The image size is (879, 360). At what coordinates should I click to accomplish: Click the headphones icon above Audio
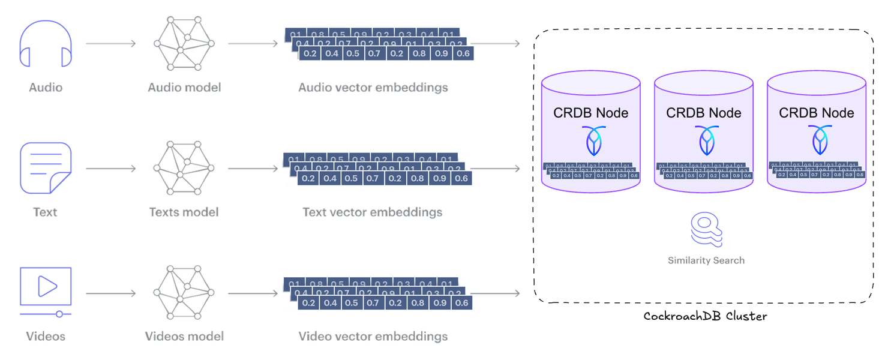click(x=46, y=44)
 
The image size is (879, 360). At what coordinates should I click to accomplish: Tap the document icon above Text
click(x=46, y=168)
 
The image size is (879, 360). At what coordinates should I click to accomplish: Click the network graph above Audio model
click(x=184, y=44)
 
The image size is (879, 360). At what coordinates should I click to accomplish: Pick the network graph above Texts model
click(x=184, y=168)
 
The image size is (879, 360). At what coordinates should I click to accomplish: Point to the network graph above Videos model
click(x=184, y=293)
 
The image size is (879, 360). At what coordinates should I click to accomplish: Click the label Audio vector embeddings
click(x=373, y=88)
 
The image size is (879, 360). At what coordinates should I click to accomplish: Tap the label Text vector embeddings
click(x=372, y=212)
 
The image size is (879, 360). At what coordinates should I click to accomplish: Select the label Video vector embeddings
click(x=373, y=336)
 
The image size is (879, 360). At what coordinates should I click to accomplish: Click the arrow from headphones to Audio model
click(x=111, y=44)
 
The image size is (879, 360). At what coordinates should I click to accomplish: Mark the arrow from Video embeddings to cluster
click(x=497, y=293)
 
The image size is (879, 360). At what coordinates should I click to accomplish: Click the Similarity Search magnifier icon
click(x=706, y=230)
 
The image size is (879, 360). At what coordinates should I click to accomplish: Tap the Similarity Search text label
click(x=706, y=260)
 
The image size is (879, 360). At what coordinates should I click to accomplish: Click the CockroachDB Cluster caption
click(x=705, y=316)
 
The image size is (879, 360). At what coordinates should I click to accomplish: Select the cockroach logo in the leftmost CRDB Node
click(x=591, y=141)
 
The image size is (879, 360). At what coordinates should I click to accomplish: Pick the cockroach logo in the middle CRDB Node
click(x=704, y=141)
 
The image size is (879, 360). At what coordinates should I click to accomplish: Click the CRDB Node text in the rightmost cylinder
click(x=816, y=113)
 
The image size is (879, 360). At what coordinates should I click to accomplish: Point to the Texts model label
click(x=184, y=212)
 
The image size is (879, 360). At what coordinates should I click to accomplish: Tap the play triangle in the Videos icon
click(x=46, y=286)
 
